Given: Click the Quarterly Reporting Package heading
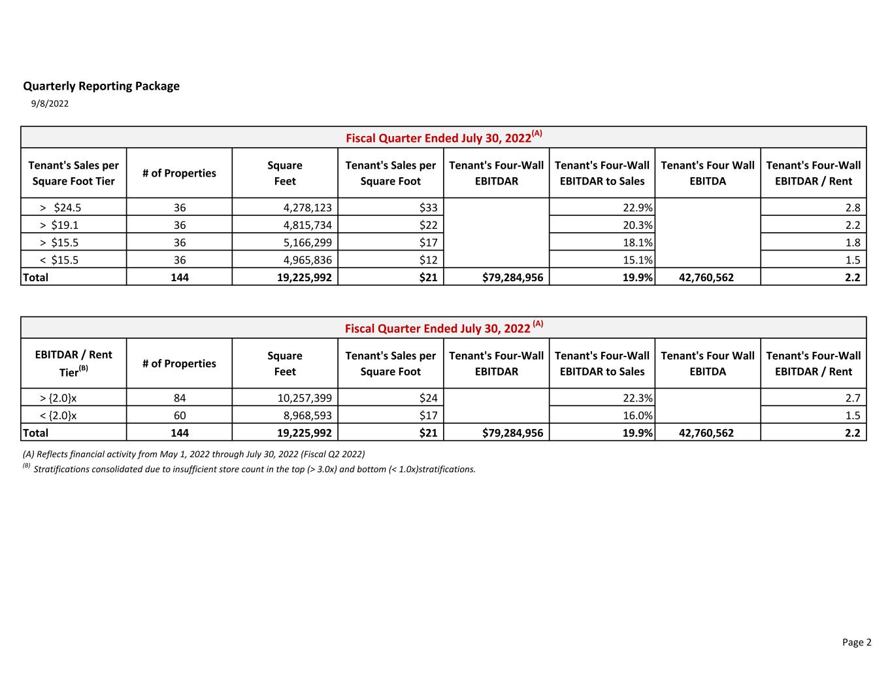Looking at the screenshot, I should pos(101,86).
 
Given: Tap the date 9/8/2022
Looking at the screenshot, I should pos(50,103).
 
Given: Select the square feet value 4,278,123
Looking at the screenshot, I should pos(307,207).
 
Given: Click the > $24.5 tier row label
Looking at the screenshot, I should pos(60,207).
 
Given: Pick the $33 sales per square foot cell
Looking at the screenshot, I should pos(428,207).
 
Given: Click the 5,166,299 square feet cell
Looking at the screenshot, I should pos(307,242).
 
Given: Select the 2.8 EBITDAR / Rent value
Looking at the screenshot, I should pos(852,207).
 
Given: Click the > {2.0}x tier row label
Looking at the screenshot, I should pos(58,398).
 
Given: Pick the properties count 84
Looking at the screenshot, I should pos(180,398).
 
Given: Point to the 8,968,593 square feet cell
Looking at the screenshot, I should pos(307,415).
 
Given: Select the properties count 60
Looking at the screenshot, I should pos(180,415).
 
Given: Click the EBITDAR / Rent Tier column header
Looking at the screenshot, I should pos(73,363).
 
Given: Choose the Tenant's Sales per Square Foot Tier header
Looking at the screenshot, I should pos(73,173).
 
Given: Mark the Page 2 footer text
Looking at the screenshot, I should pos(856,642).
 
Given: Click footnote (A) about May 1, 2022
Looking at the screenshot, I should pos(193,454).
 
